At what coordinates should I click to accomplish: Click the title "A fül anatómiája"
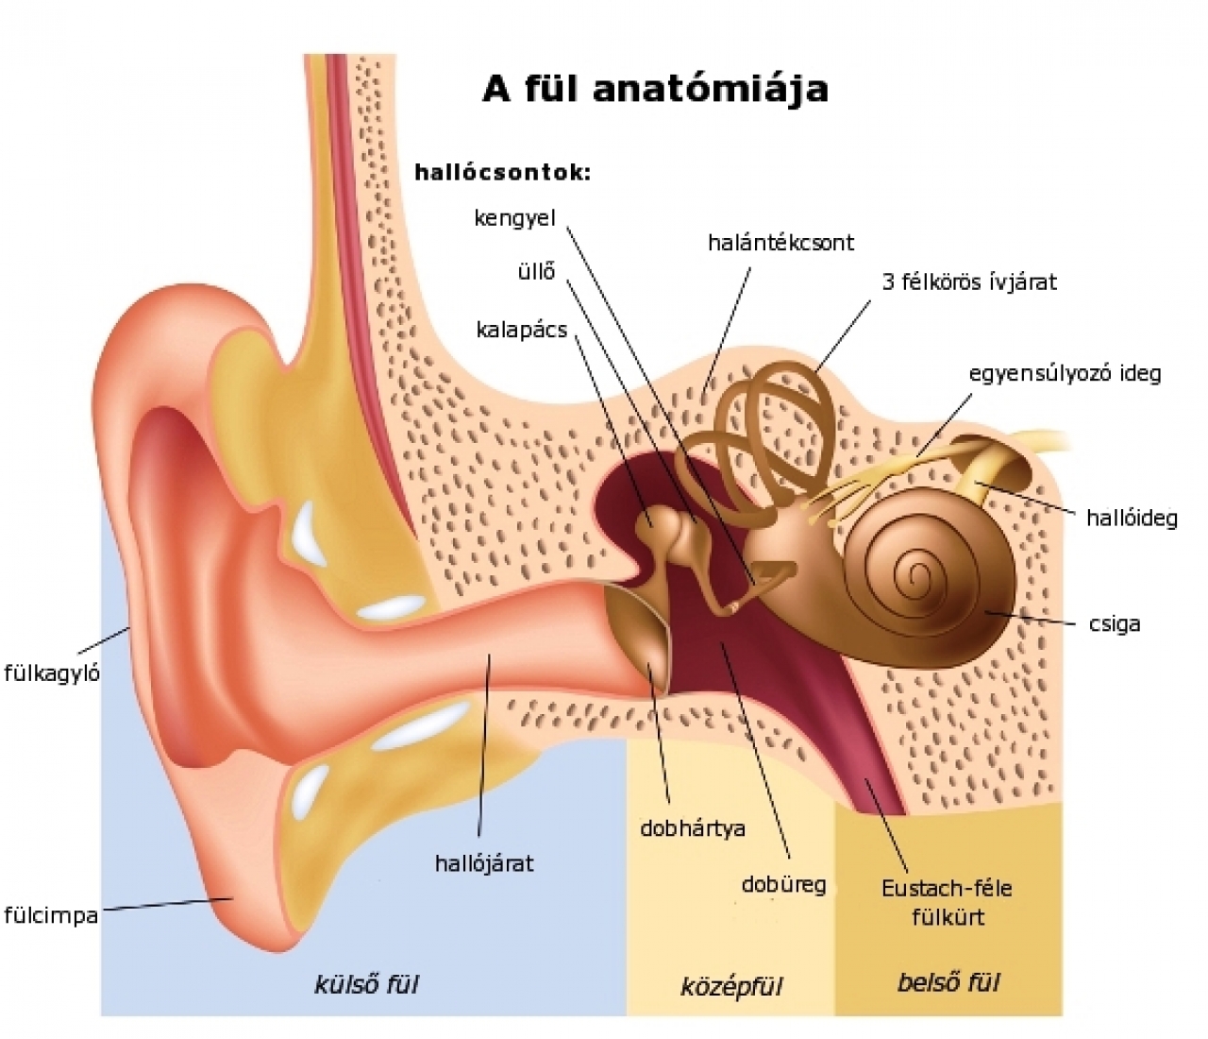point(655,88)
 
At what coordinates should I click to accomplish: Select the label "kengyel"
point(515,218)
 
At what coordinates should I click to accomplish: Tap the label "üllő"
point(536,272)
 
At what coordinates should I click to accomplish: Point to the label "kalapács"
point(522,330)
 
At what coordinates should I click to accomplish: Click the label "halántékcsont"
point(780,243)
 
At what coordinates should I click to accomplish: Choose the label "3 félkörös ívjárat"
point(969,281)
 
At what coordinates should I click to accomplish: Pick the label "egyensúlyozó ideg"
point(1065,373)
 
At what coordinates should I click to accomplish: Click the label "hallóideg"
point(1132,518)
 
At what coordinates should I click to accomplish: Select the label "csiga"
point(1114,624)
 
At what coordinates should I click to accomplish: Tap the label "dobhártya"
point(693,828)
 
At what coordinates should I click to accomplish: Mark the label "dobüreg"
point(783,884)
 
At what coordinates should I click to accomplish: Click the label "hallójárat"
point(484,862)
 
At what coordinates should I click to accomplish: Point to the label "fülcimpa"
point(51,915)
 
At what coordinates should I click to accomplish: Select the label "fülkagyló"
point(52,674)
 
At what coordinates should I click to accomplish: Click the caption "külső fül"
point(366,984)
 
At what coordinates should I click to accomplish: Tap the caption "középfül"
point(731,987)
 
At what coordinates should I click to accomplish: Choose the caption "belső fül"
point(948,982)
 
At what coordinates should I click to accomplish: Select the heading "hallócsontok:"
point(502,173)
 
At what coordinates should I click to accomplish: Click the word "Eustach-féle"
point(947,888)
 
